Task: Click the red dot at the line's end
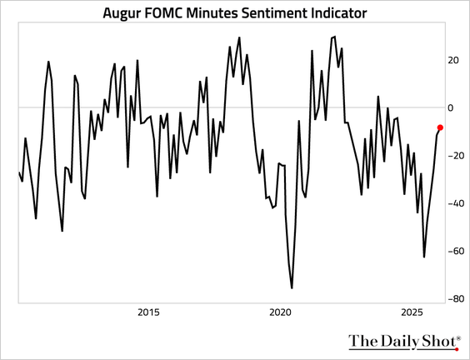point(440,127)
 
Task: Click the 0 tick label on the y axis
point(451,107)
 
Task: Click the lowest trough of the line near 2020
point(292,288)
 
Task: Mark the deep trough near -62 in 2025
point(424,257)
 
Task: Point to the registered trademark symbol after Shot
point(457,337)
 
